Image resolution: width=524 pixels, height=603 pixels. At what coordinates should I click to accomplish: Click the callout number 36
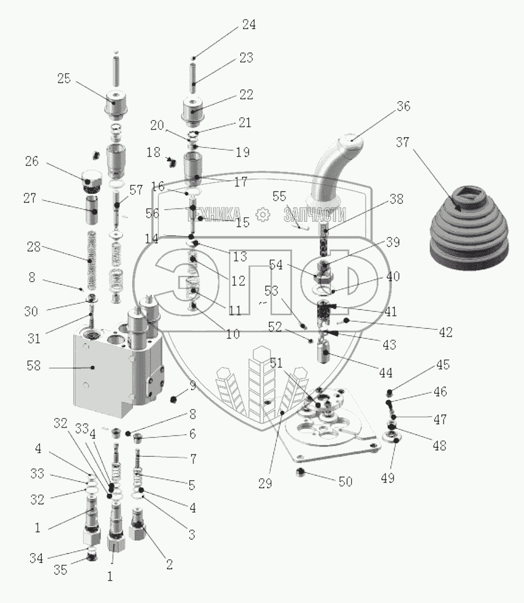click(403, 106)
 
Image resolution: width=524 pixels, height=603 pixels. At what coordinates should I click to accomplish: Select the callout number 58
click(34, 366)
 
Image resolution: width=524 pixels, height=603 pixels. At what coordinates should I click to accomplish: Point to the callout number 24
click(249, 25)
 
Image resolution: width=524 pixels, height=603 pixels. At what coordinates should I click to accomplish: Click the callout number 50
click(345, 482)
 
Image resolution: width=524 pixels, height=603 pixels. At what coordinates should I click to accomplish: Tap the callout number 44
click(386, 373)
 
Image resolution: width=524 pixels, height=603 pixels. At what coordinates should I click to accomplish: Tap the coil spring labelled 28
click(90, 257)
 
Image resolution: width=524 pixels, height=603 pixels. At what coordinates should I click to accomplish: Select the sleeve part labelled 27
click(92, 210)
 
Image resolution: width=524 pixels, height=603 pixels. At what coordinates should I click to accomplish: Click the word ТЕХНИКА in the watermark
click(217, 215)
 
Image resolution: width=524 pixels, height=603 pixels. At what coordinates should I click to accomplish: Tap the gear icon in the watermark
click(263, 215)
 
